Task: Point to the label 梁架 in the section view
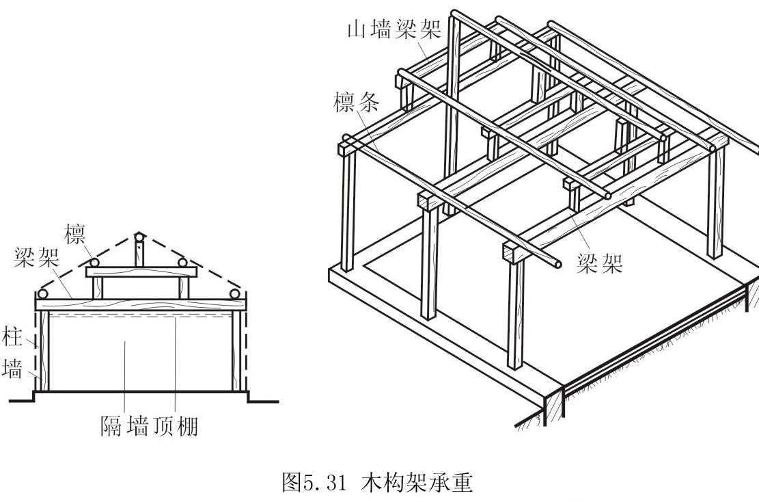click(x=36, y=259)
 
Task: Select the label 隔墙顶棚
click(x=148, y=427)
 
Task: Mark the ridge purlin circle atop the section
click(x=139, y=239)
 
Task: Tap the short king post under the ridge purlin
click(x=139, y=256)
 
